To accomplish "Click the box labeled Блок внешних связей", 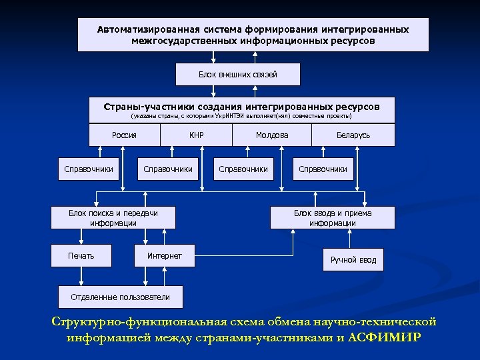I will click(238, 74).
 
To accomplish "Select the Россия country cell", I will click(125, 135).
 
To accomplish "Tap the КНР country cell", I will click(196, 135).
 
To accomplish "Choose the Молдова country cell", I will click(272, 135).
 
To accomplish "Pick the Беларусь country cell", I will click(353, 135).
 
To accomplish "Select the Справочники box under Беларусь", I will click(323, 169).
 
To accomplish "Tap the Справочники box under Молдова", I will click(243, 169).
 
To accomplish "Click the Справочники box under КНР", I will click(168, 169).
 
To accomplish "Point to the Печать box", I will click(81, 256).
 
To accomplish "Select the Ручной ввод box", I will click(353, 259).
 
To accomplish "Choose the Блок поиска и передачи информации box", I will click(113, 218).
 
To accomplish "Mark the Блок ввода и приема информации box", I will click(333, 218).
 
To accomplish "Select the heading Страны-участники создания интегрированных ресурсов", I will click(241, 107).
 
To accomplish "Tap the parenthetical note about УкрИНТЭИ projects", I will click(241, 117).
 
